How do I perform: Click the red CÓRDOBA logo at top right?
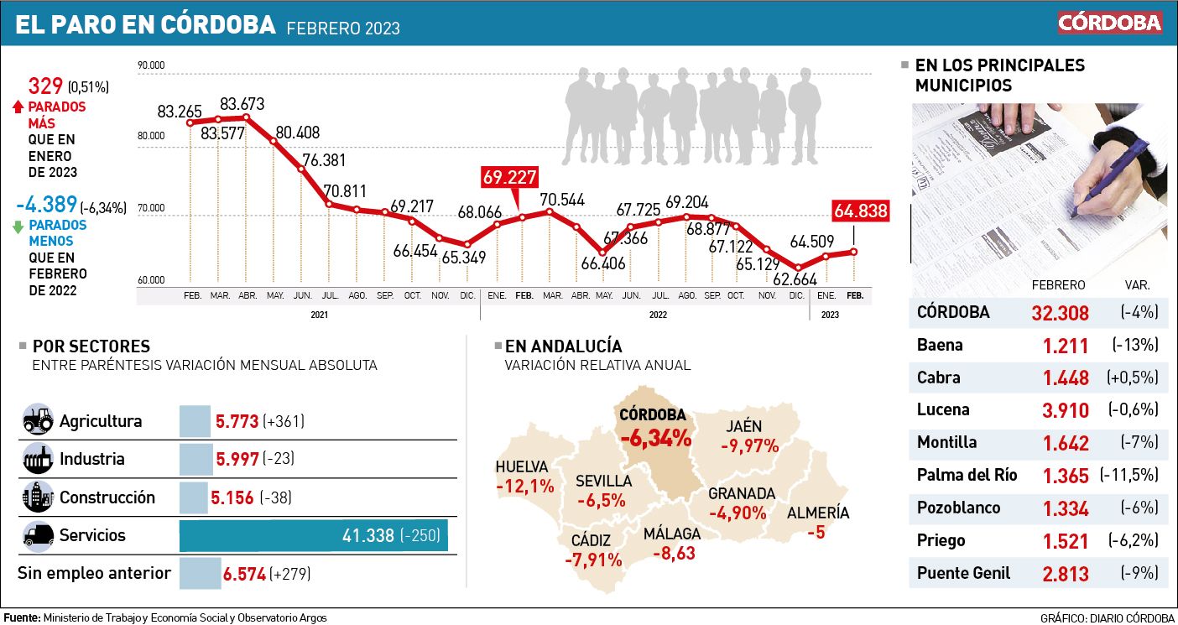click(1109, 22)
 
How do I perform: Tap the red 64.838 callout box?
click(860, 211)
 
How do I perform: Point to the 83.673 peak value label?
click(242, 104)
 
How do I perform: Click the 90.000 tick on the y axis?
click(151, 65)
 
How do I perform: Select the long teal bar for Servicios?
click(314, 535)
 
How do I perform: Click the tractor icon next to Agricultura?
click(37, 420)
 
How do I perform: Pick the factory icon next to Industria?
click(37, 459)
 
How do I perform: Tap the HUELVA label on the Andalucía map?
click(521, 467)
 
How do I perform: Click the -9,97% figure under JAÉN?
click(750, 445)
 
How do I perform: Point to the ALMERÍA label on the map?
click(818, 513)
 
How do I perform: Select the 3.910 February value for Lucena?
click(1066, 410)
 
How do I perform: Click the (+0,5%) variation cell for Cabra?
click(1139, 378)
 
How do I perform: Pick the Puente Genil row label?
click(963, 573)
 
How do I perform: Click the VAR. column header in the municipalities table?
click(1137, 285)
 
